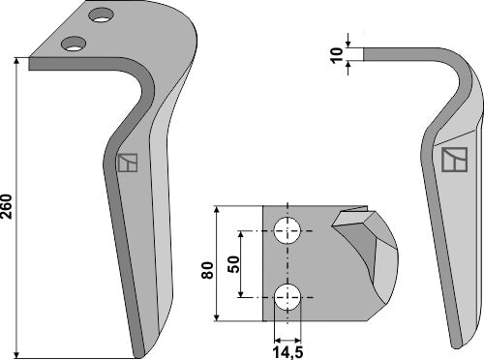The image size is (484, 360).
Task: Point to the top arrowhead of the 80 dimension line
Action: click(218, 209)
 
